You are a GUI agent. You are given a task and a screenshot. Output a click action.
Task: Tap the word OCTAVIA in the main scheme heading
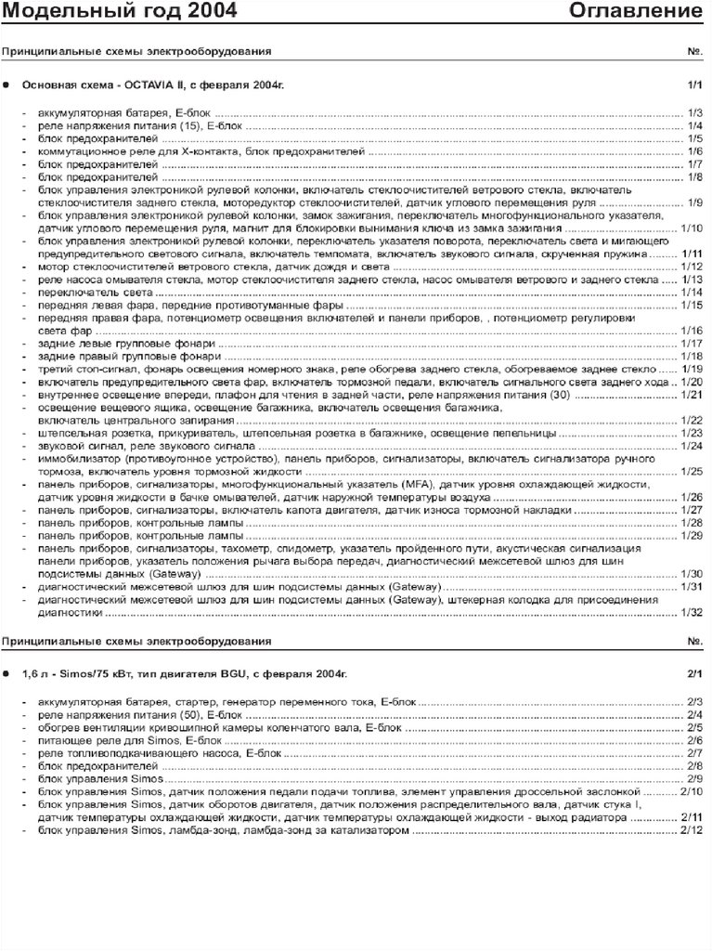163,85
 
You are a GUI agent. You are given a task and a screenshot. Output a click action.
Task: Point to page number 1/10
692,228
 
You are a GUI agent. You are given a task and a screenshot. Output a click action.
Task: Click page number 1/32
692,612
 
